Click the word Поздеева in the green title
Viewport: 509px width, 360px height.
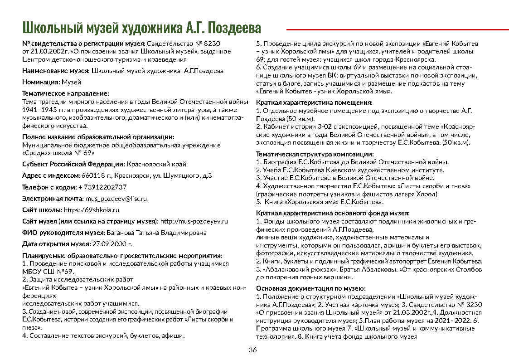click(236, 28)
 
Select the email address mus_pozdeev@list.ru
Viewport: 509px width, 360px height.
click(116, 199)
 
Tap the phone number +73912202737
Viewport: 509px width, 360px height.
click(102, 187)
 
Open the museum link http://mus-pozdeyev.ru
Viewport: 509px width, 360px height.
click(194, 221)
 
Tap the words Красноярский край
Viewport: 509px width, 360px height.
click(156, 164)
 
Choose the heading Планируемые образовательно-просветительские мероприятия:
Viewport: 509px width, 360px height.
click(122, 256)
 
